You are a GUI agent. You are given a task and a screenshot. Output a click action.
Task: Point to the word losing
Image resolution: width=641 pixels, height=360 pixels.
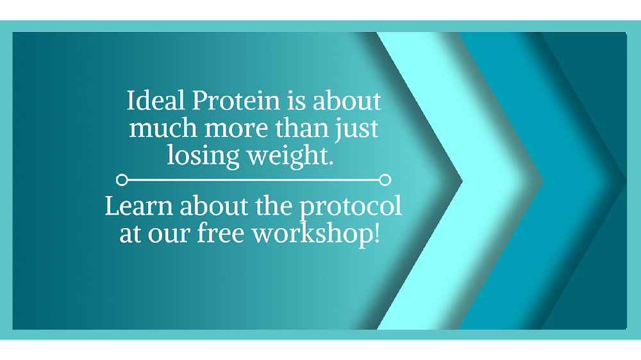coord(203,155)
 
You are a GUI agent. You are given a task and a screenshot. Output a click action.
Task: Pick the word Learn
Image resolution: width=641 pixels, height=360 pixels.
coord(139,206)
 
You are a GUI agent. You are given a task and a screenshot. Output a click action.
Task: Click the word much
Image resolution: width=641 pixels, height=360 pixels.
coord(164,128)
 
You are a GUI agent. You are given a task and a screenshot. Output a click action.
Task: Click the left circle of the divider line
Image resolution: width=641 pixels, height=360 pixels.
coord(122,180)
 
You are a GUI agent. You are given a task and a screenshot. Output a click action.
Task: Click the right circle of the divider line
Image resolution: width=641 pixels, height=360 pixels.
coord(385,180)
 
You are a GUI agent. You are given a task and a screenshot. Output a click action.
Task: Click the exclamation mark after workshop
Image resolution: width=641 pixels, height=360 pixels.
coord(376,233)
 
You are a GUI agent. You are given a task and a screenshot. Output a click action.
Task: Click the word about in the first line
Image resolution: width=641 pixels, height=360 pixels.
coord(349,101)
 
